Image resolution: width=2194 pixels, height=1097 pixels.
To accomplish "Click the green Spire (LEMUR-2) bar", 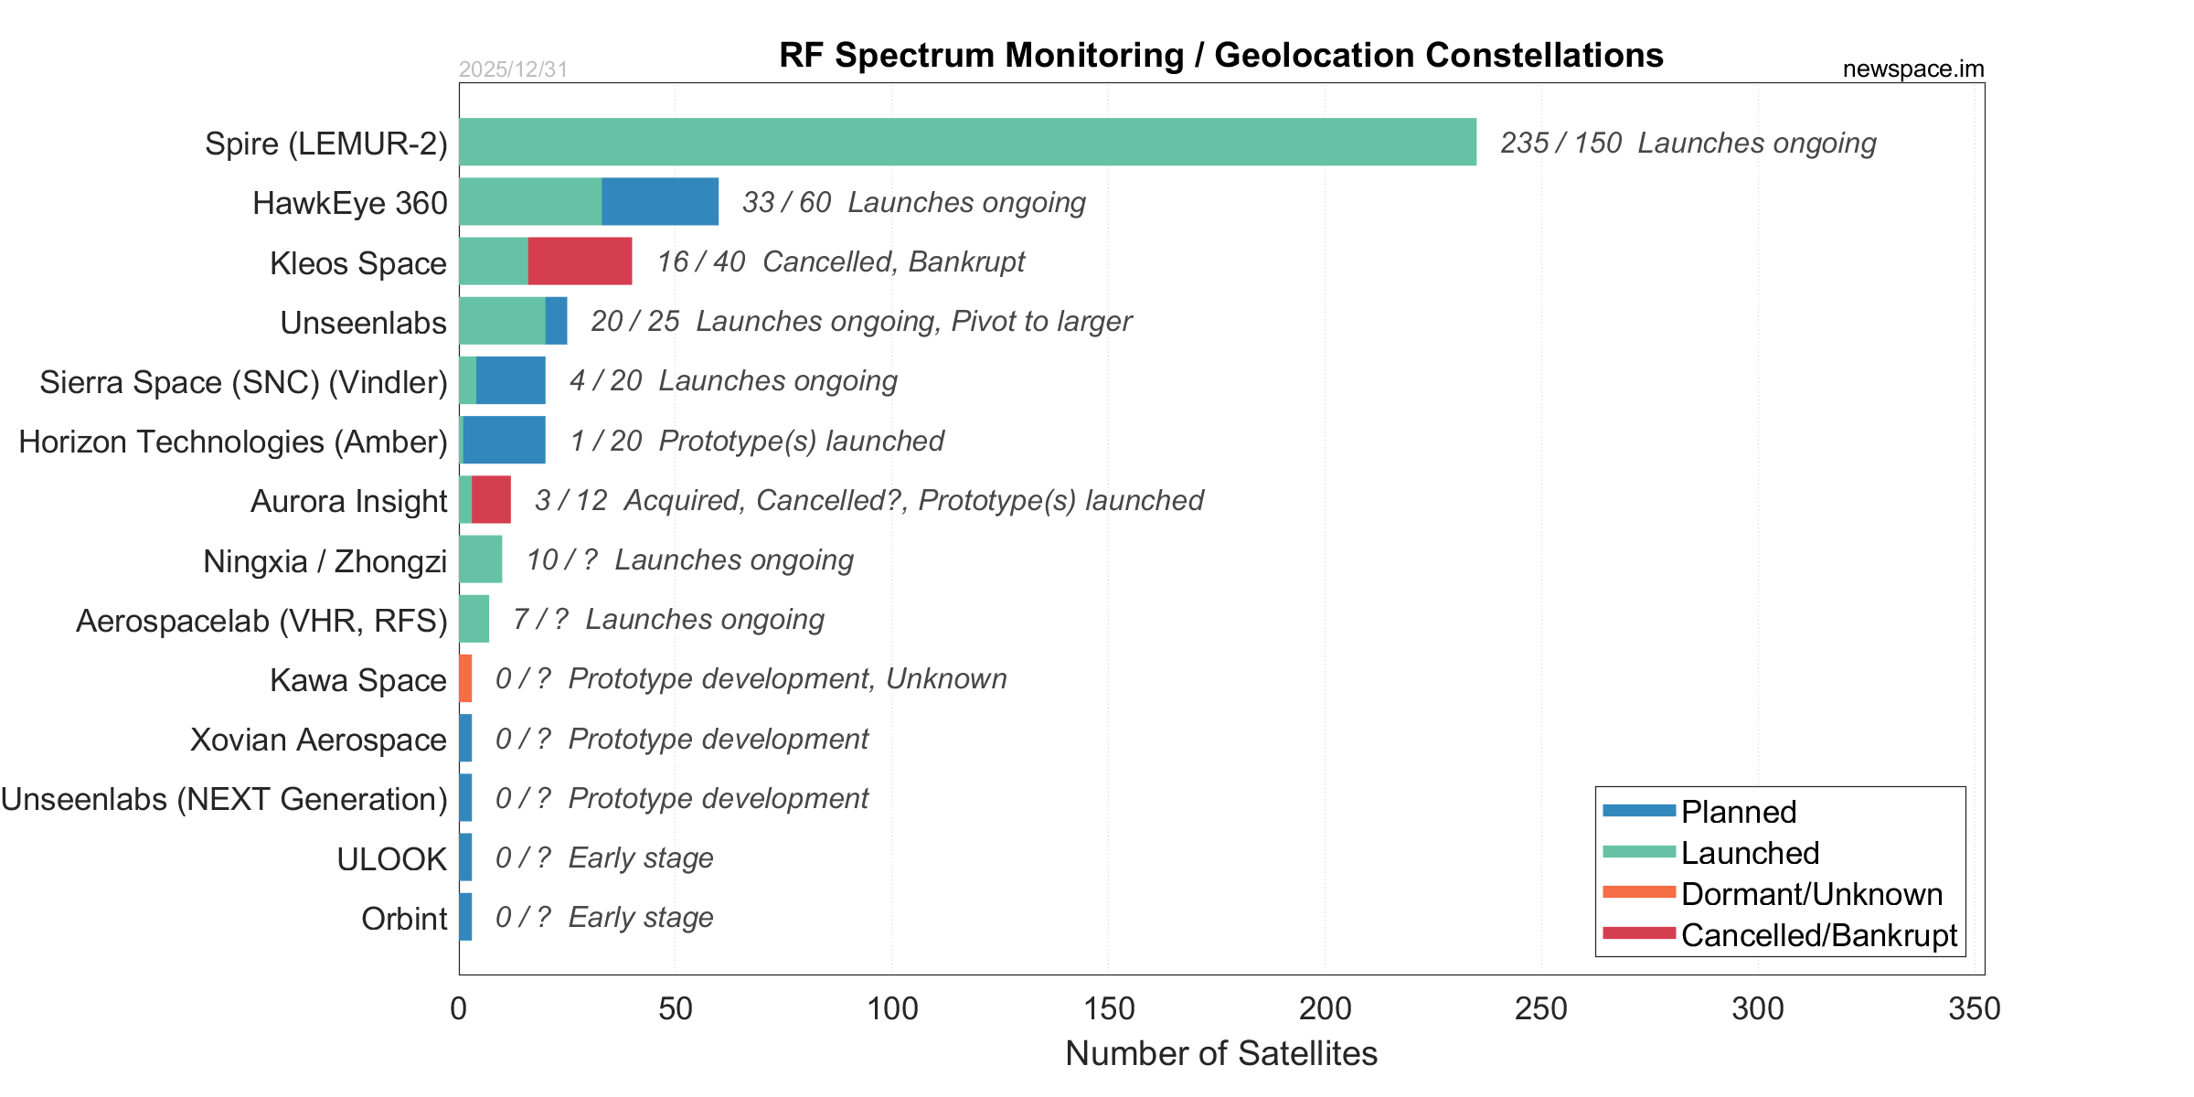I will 967,142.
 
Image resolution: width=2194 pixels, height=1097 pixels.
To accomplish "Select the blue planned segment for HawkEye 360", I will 660,201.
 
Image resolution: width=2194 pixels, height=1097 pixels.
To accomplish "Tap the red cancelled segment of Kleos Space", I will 580,261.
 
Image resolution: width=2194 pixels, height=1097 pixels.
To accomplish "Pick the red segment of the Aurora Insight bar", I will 491,499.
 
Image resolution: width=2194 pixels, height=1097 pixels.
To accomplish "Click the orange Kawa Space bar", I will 465,678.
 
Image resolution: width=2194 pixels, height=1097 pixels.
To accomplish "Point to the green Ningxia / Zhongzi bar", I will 481,559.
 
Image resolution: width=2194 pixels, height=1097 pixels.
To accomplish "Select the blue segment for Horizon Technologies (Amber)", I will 505,440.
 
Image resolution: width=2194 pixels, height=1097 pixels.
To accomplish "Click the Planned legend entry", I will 1738,812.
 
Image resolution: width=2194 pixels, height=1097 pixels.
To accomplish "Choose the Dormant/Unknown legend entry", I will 1811,894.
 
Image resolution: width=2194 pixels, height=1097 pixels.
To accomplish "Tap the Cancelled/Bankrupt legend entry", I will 1818,935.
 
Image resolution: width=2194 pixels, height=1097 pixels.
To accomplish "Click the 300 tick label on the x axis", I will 1758,1009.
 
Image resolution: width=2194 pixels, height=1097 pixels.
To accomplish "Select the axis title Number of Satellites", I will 1221,1053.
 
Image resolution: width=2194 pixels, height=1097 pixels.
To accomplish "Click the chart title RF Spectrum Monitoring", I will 1220,55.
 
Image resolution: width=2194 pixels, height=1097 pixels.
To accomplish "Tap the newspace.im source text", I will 1913,69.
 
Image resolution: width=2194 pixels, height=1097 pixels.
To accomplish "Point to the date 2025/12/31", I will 513,69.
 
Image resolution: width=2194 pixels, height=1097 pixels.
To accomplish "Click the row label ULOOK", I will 391,859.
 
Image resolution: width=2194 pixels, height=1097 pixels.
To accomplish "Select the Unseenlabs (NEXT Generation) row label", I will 224,799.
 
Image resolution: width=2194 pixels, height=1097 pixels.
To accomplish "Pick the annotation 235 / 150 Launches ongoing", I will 1688,143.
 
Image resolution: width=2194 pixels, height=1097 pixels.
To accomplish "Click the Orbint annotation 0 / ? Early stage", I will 604,917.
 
